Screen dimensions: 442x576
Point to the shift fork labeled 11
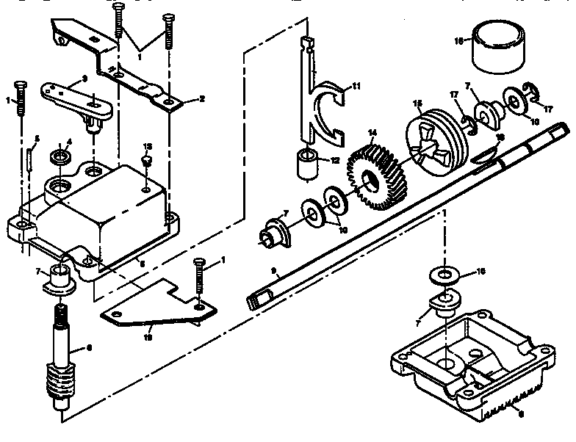tap(323, 110)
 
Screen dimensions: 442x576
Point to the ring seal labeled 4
tap(58, 157)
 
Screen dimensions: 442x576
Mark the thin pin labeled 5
tap(29, 159)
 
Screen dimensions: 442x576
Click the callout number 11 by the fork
tap(357, 87)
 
